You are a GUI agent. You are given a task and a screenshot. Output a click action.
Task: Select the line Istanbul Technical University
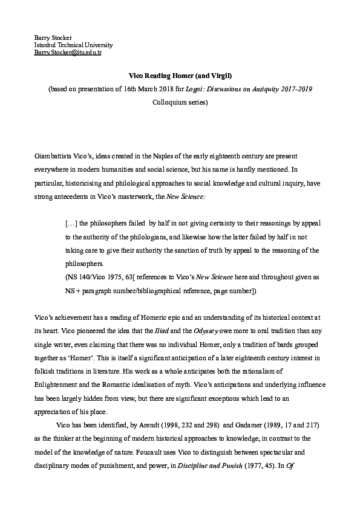tap(73, 45)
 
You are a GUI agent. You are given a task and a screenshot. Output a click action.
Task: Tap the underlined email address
tap(68, 53)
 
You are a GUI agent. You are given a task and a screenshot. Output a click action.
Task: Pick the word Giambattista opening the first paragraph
tap(53, 156)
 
